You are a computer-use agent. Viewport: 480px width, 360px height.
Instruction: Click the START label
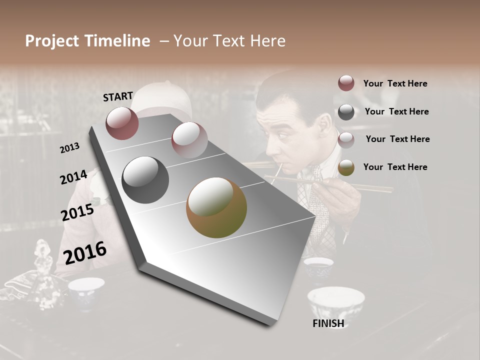coord(118,96)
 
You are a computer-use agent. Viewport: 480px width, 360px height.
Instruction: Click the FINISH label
coord(328,323)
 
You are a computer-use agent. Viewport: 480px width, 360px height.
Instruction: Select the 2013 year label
coord(70,148)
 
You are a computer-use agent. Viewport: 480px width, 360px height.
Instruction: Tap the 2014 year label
coord(73,177)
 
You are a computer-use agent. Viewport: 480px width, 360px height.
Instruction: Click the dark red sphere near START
coord(122,123)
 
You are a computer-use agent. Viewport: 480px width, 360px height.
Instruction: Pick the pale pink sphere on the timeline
coord(189,139)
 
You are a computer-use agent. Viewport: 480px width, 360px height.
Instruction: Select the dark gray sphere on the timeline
coord(145,180)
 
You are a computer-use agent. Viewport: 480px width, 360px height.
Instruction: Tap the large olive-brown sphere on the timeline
coord(216,207)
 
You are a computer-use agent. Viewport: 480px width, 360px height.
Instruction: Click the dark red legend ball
coord(346,83)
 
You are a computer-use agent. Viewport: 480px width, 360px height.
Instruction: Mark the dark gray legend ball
coord(346,112)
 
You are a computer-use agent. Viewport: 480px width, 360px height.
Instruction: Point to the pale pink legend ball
coord(346,139)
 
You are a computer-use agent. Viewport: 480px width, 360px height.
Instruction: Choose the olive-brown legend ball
coord(346,167)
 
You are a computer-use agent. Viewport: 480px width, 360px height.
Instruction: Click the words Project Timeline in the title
coord(87,41)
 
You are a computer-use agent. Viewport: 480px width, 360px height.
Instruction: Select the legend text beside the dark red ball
coord(395,83)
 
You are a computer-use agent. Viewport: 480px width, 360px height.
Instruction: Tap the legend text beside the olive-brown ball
coord(395,167)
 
